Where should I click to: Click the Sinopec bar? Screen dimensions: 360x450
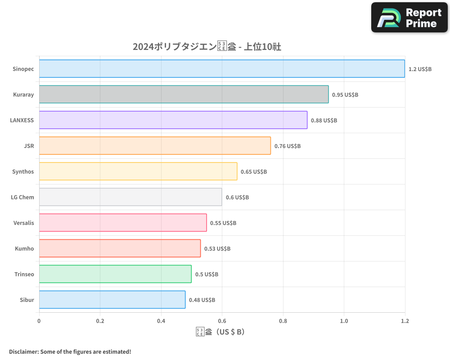click(x=222, y=69)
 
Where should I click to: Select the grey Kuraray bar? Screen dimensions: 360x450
click(x=184, y=94)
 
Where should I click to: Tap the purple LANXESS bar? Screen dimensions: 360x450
click(x=173, y=120)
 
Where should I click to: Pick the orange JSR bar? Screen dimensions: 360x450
click(x=155, y=146)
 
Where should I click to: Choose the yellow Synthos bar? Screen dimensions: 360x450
click(x=138, y=171)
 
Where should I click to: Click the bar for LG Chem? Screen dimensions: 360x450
click(x=130, y=197)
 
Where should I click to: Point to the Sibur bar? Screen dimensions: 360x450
click(x=112, y=300)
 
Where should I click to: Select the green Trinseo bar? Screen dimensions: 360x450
click(x=115, y=274)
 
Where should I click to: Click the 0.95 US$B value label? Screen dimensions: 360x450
click(x=345, y=95)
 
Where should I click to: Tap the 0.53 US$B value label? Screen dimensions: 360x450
click(x=217, y=249)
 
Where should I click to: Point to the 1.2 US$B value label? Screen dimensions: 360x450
click(x=420, y=69)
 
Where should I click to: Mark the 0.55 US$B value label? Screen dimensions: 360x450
click(x=223, y=223)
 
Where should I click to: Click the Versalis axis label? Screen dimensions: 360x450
click(x=24, y=223)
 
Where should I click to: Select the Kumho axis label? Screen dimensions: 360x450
click(x=24, y=248)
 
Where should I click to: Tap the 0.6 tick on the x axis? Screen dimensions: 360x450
click(x=222, y=321)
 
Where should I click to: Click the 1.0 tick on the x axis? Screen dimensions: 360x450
click(x=344, y=321)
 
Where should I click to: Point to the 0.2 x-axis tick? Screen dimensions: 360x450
click(x=100, y=321)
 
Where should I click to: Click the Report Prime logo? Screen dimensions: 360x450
click(x=409, y=18)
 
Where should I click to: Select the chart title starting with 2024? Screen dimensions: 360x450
click(x=207, y=46)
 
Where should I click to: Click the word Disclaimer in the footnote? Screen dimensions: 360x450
click(x=23, y=351)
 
